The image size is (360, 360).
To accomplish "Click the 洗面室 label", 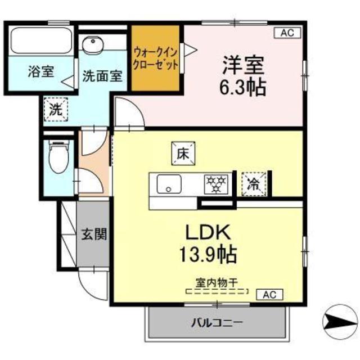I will (x=102, y=76).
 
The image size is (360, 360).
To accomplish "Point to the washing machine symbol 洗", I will (x=55, y=109).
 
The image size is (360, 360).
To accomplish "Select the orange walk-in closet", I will (x=156, y=58).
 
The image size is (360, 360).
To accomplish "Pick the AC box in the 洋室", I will (x=287, y=33).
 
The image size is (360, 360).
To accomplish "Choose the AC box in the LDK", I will (x=270, y=294).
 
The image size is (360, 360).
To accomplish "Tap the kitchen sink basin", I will (x=167, y=183).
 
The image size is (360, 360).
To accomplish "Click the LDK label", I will (x=209, y=231).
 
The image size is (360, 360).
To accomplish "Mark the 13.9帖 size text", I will (x=209, y=255).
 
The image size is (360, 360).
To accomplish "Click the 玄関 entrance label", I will (x=93, y=234).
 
